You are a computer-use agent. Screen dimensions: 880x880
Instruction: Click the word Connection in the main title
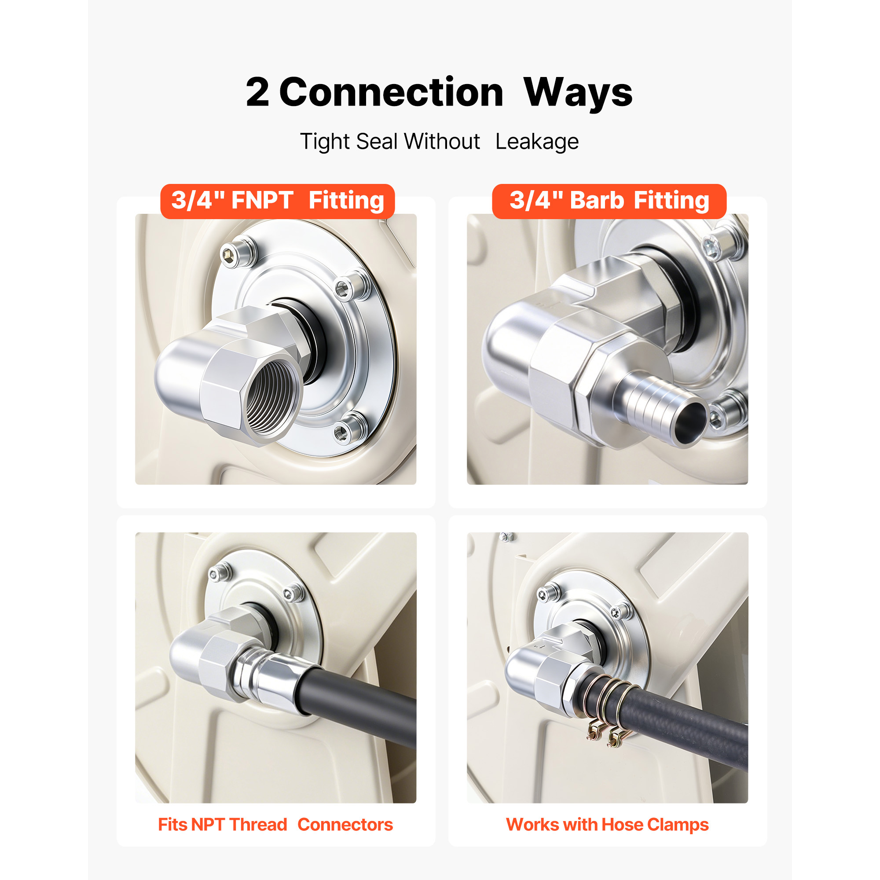click(391, 92)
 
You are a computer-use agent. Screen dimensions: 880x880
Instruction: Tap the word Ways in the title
click(578, 93)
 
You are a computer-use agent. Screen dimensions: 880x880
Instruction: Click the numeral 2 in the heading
click(257, 92)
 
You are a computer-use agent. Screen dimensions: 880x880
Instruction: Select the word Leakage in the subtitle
click(537, 142)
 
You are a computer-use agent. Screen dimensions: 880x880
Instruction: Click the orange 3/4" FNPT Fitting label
click(277, 201)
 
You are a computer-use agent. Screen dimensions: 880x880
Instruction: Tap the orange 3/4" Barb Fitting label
click(609, 201)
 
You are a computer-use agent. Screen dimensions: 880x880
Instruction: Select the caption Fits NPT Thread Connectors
click(275, 825)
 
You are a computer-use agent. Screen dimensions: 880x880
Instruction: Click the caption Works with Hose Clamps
click(607, 825)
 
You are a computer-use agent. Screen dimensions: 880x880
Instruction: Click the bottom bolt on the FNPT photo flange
click(350, 429)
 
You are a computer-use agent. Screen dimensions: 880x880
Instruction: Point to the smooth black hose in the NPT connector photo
click(360, 704)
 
